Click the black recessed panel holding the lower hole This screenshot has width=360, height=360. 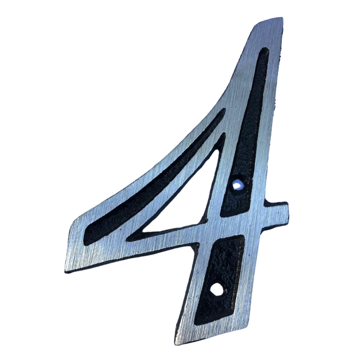[x=219, y=278]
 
